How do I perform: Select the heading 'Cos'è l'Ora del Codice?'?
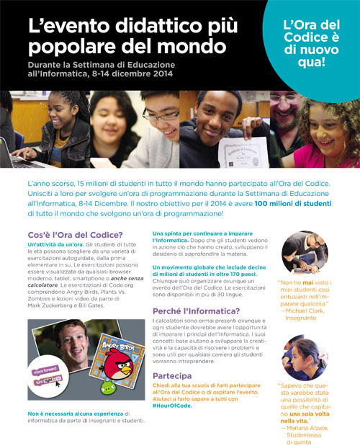[75, 235]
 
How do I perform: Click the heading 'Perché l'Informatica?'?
[191, 293]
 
